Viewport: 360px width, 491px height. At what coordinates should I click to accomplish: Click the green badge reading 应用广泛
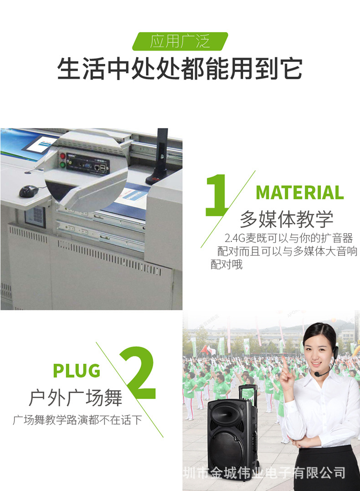180,41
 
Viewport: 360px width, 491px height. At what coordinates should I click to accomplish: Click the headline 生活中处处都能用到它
180,69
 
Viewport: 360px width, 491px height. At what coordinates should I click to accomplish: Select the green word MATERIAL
299,193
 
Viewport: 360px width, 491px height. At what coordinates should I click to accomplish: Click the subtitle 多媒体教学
287,219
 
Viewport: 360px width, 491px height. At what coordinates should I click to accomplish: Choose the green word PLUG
77,371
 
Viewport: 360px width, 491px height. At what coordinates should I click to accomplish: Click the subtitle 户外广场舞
76,397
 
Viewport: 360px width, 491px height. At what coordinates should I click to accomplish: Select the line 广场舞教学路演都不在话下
77,419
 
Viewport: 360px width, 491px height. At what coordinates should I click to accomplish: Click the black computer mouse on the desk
29,191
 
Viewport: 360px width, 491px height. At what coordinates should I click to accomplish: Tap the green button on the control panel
62,165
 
